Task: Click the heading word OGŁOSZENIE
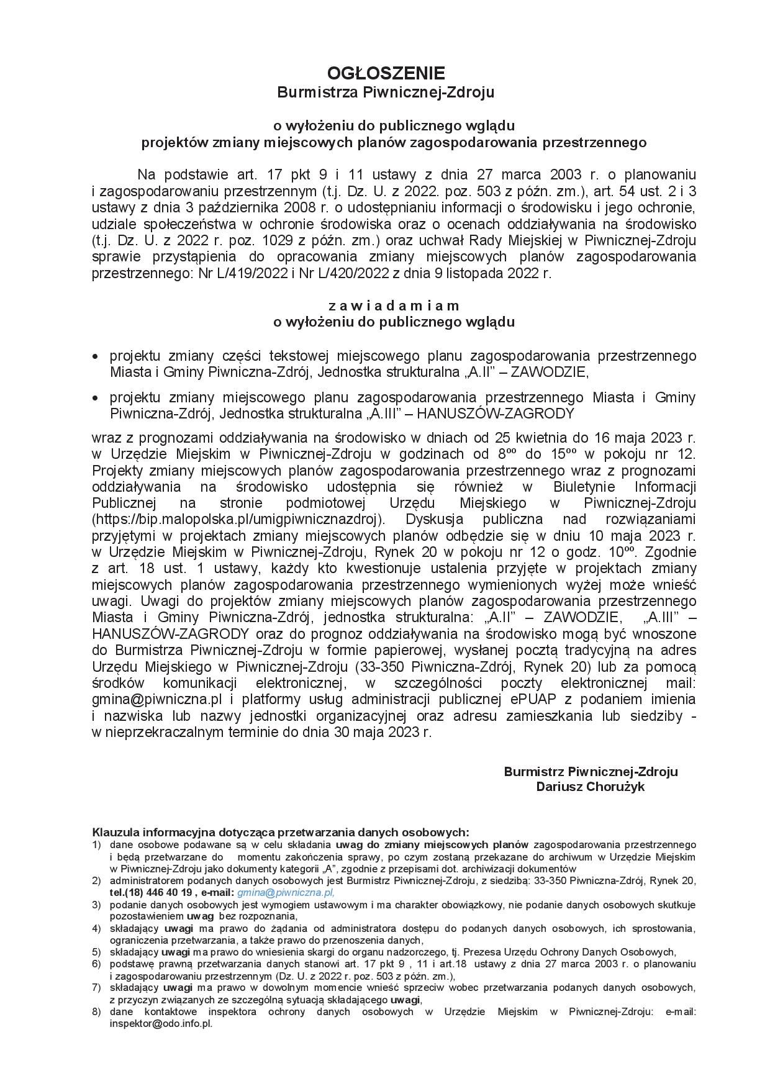385,73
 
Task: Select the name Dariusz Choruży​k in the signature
591,787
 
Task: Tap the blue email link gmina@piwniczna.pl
286,892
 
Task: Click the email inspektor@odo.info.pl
161,1023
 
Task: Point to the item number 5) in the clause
96,952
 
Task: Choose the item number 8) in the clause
96,1011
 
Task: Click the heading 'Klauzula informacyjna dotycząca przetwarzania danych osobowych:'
281,832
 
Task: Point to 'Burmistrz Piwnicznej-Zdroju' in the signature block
591,772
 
